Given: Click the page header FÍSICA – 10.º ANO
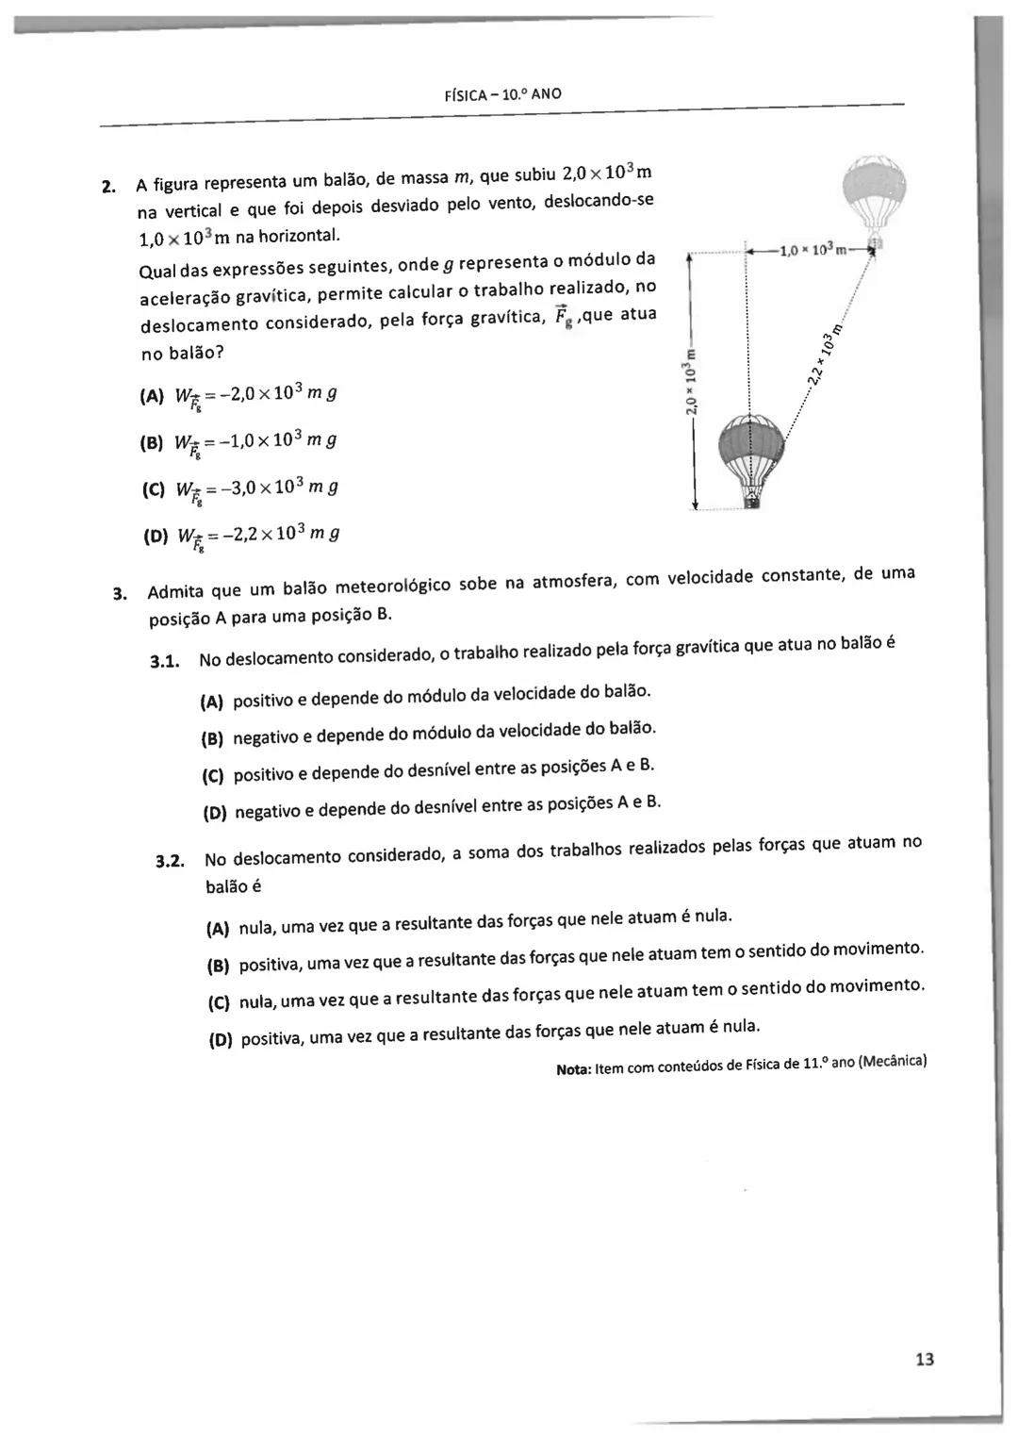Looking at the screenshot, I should click(x=501, y=94).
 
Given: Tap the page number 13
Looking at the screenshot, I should click(x=924, y=1359).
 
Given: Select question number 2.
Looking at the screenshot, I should click(x=108, y=185).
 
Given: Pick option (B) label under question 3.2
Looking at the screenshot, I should click(x=219, y=967).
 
